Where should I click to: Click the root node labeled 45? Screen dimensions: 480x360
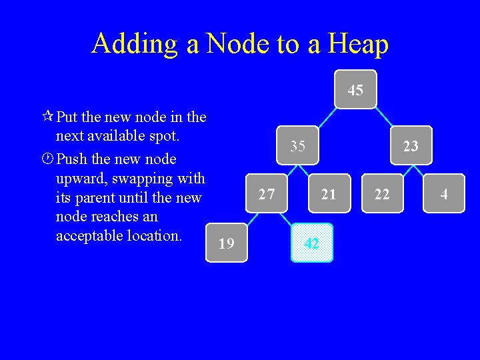355,89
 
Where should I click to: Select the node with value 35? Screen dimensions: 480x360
298,145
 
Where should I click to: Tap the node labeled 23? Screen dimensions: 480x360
411,145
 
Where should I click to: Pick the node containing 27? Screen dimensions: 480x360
267,194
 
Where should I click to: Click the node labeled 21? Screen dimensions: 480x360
329,194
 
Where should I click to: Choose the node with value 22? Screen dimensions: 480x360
382,194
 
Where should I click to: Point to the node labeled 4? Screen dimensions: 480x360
443,194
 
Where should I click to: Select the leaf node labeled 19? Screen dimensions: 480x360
227,243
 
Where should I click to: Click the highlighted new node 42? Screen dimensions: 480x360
311,243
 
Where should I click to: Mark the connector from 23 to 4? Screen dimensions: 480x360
427,170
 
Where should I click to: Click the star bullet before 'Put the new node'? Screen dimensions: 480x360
47,117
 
